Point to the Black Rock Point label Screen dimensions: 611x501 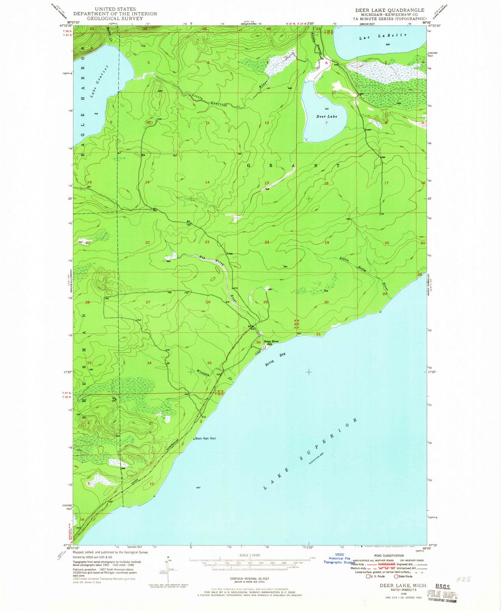pos(206,438)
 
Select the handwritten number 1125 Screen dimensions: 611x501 pos(464,579)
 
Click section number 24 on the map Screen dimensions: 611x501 pos(267,242)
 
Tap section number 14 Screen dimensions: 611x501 pos(207,182)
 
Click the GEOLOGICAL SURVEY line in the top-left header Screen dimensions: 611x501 pos(120,18)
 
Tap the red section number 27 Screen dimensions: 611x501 pos(148,302)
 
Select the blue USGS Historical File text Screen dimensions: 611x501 pos(339,559)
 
